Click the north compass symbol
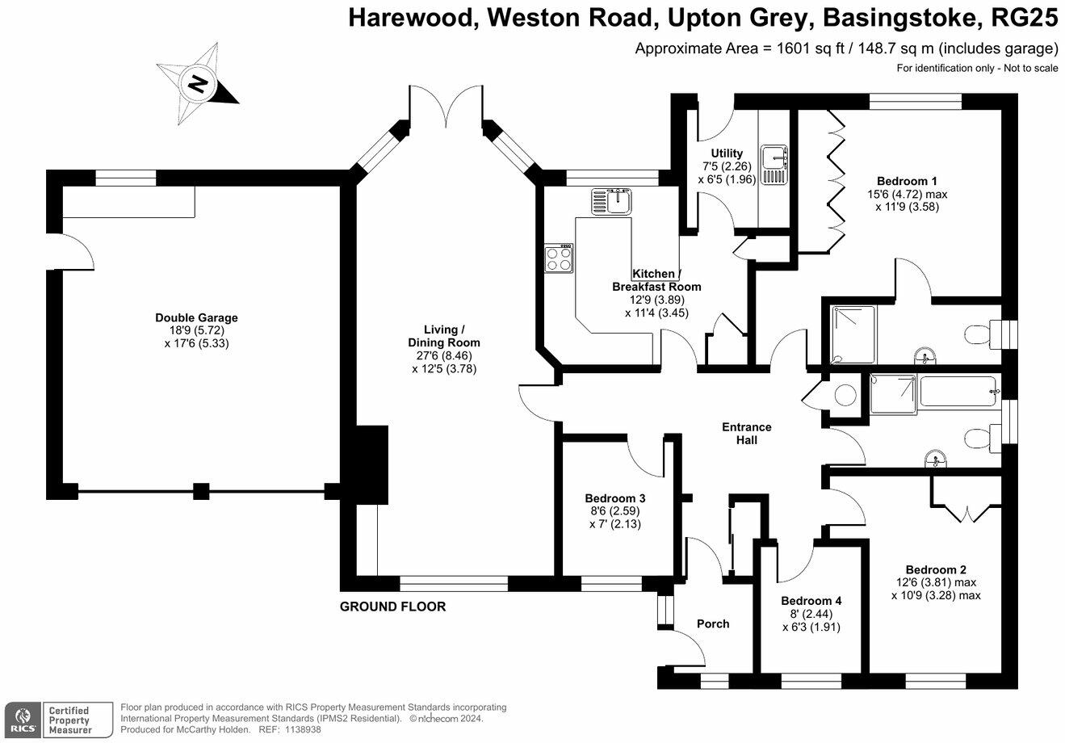pos(197,82)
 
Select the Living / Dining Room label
pos(445,336)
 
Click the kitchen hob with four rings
pos(559,258)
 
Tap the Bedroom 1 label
pos(907,182)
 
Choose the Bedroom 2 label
pos(936,569)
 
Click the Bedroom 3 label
pos(615,498)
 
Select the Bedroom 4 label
pos(811,601)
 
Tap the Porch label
pos(713,623)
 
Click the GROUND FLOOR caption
pos(392,607)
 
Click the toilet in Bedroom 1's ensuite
pos(978,334)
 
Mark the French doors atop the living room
pos(446,106)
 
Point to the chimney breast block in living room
pos(371,461)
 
